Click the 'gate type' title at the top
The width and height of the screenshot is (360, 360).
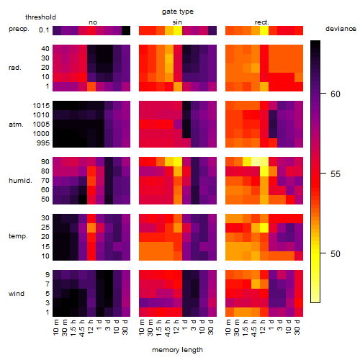(178, 12)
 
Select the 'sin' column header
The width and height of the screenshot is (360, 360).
(177, 22)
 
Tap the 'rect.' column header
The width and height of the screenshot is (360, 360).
(262, 22)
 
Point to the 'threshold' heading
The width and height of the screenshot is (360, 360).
(40, 17)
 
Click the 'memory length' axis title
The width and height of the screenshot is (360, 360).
(177, 350)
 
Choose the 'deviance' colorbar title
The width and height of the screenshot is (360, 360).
(341, 29)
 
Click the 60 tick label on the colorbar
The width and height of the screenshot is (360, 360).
(336, 94)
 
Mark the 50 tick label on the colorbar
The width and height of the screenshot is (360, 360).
(336, 253)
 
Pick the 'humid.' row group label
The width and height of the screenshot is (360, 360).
(20, 181)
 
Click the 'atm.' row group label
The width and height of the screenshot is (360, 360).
(16, 125)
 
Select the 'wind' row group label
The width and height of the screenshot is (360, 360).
(17, 294)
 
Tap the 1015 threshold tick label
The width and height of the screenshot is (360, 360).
(41, 106)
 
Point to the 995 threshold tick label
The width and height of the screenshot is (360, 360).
(43, 143)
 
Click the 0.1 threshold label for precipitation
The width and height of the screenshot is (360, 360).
(44, 30)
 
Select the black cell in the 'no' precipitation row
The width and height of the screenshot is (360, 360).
(126, 30)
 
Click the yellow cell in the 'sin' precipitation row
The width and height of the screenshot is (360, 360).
(178, 30)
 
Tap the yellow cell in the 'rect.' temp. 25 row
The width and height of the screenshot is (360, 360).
(264, 228)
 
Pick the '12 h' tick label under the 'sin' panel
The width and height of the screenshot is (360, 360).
(176, 327)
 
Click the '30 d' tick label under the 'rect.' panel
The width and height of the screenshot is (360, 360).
(297, 327)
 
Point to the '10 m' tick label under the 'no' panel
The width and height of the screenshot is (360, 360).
(55, 327)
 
